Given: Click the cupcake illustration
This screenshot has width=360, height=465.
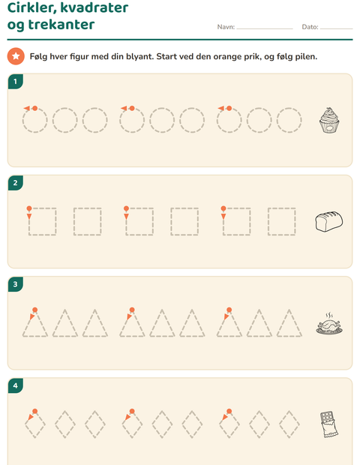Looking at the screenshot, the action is tap(329, 121).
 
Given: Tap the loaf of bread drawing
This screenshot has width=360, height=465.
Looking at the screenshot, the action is tap(328, 221).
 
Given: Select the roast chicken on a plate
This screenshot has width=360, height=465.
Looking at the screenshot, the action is tap(329, 324).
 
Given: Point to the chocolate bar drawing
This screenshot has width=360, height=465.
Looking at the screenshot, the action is tap(328, 424).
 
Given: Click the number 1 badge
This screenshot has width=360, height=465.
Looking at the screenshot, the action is tap(16, 82).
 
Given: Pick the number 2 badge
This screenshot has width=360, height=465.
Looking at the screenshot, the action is tap(16, 183).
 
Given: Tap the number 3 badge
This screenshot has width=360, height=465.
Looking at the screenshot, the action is tap(16, 284).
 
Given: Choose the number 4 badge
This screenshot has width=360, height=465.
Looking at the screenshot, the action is tap(16, 385).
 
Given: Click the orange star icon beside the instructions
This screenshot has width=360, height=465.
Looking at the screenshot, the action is tap(16, 56).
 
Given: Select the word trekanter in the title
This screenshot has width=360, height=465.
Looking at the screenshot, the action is tap(61, 24).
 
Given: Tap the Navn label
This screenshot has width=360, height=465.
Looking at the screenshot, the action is tap(226, 27).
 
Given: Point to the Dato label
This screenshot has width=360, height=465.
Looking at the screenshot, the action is tap(310, 27).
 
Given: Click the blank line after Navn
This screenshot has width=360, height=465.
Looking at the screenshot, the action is tap(265, 28).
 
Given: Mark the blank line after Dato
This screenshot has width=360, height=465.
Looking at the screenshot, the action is tap(336, 28).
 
